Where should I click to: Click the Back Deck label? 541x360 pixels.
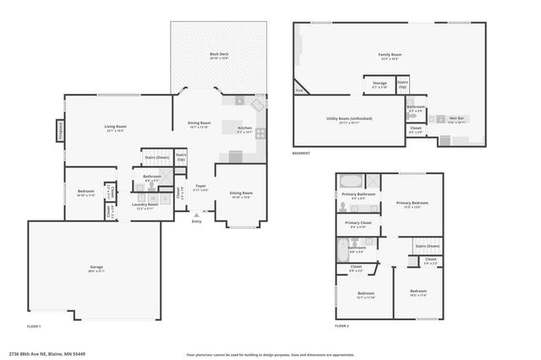tap(219, 55)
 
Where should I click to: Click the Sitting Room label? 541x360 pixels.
tap(241, 193)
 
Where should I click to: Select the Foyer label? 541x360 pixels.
tap(200, 186)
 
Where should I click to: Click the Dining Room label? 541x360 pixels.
tap(199, 123)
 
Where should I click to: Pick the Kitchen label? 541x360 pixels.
tap(244, 128)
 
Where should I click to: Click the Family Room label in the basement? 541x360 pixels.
tap(388, 55)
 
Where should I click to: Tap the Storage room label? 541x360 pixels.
tap(380, 83)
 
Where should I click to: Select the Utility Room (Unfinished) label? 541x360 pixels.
tap(349, 119)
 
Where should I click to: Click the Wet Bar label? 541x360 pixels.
tap(457, 119)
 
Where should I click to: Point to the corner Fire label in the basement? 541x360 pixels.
tap(299, 90)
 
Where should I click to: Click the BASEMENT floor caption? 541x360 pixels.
tap(301, 153)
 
